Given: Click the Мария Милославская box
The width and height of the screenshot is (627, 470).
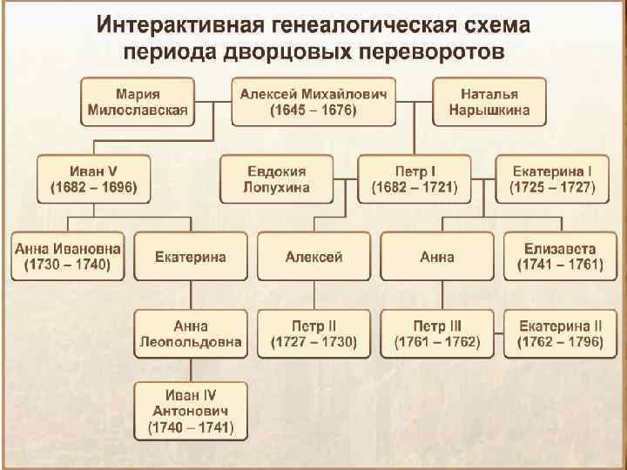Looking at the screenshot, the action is coord(138,102).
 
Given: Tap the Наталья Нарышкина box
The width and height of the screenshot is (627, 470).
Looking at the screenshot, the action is coord(489,102).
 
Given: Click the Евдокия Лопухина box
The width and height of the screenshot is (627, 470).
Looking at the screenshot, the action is coord(276,178).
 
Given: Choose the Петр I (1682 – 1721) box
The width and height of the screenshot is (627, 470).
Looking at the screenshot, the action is coord(414,178).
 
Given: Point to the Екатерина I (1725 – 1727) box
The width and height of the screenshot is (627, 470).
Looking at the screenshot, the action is coord(552,178).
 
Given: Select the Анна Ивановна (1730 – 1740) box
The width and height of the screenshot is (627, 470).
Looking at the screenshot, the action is coord(68,256).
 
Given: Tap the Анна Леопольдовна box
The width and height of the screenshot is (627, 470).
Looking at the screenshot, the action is coord(190,334).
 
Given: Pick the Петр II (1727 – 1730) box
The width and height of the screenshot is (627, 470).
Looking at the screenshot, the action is coord(313,334).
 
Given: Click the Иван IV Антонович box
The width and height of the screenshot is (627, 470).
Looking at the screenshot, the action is coord(190,411).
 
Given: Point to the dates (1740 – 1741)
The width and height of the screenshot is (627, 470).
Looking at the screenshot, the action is coord(190,428).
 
